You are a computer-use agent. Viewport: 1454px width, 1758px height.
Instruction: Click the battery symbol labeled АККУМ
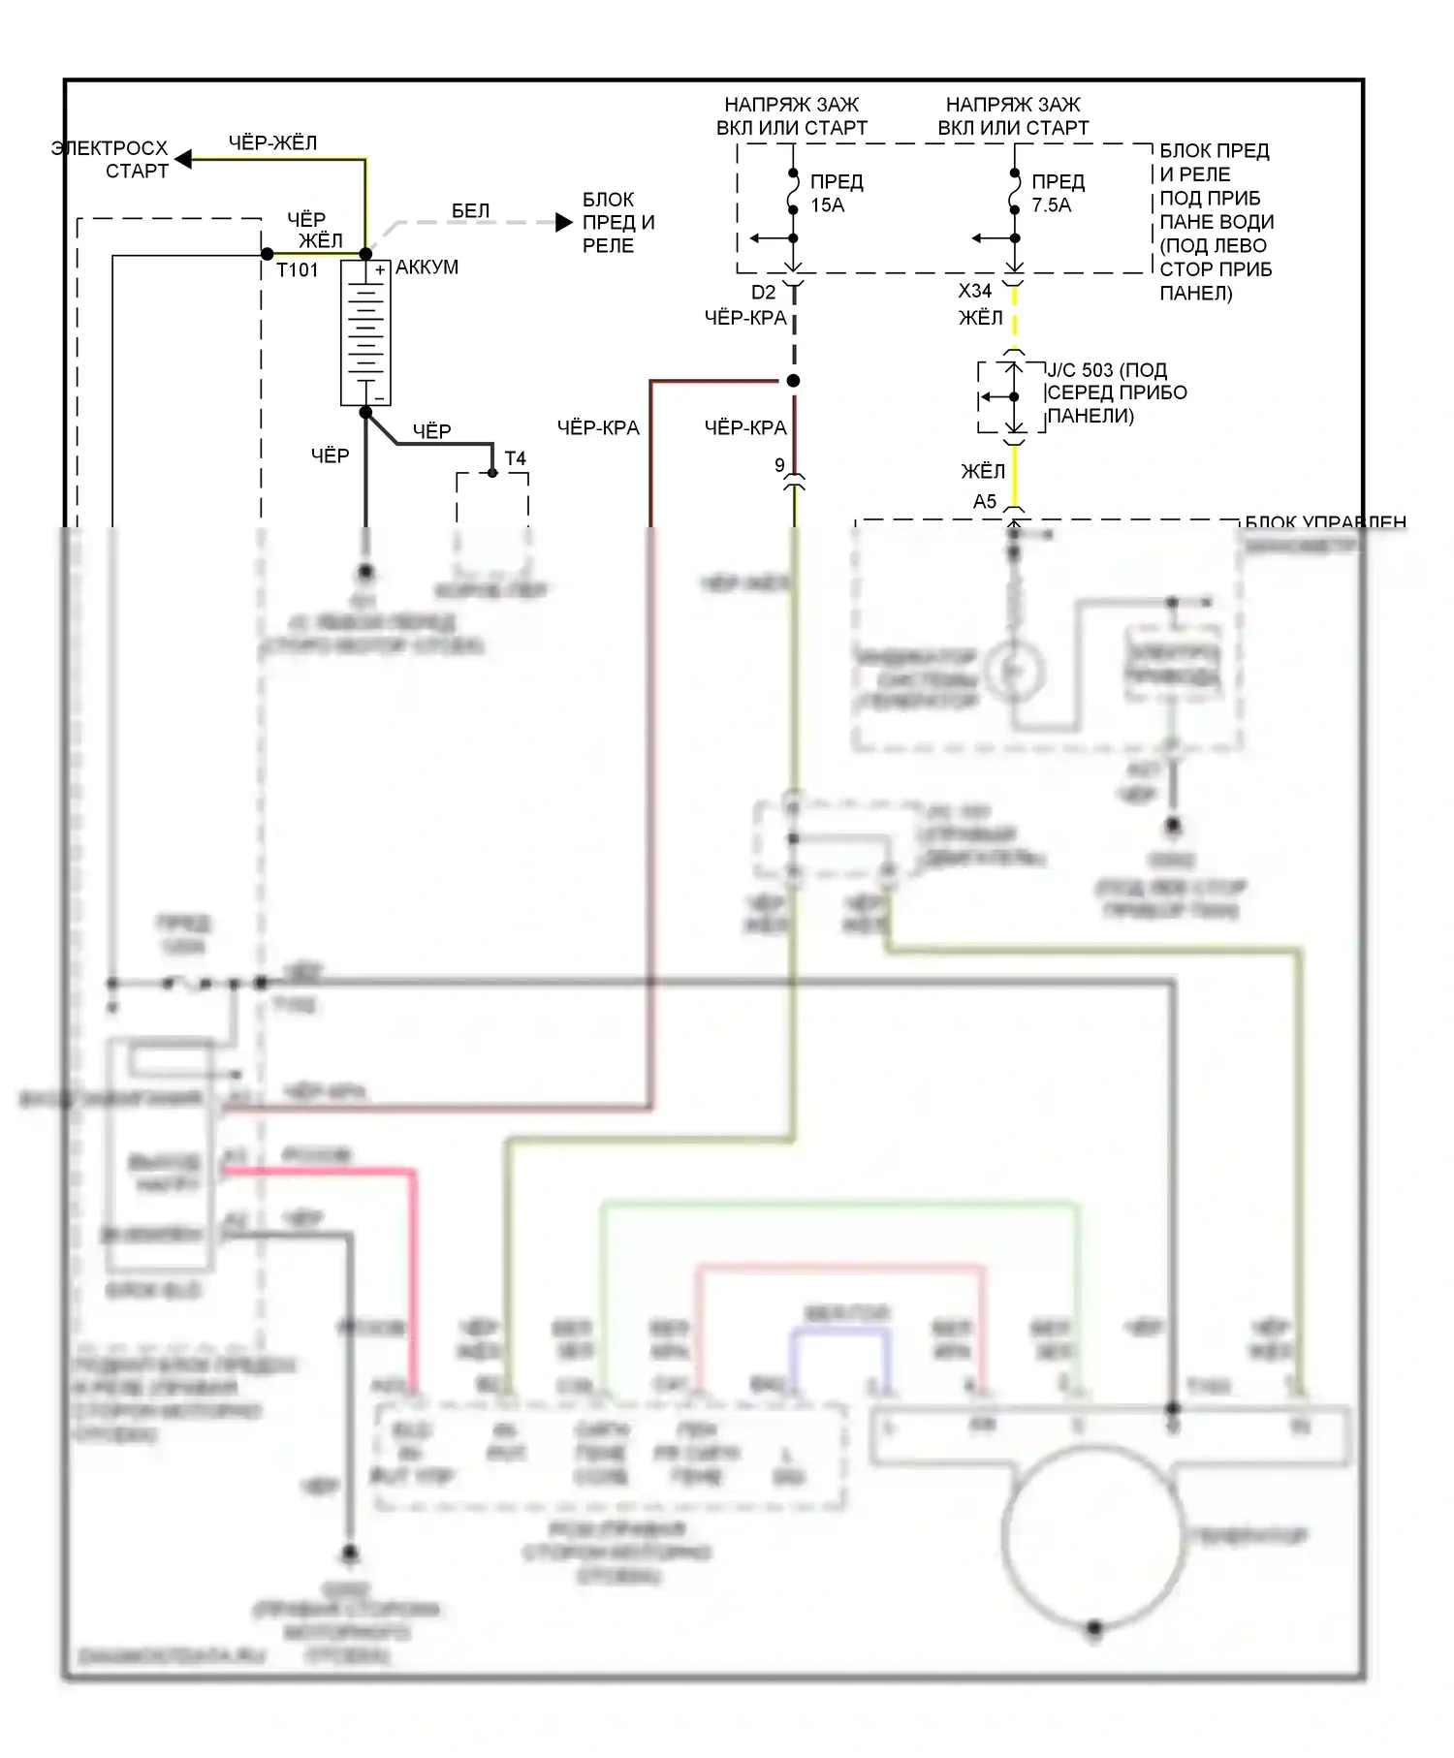click(x=365, y=332)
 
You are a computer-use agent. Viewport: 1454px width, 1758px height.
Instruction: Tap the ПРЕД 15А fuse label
click(x=836, y=193)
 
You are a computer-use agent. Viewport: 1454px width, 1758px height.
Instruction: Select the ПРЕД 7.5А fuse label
click(x=1057, y=193)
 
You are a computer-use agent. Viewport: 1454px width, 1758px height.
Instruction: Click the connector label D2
click(x=763, y=292)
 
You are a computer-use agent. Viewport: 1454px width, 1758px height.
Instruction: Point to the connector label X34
click(x=974, y=291)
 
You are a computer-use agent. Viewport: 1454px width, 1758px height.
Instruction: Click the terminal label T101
click(x=297, y=270)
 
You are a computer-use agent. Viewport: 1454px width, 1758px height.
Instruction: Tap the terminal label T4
click(x=515, y=458)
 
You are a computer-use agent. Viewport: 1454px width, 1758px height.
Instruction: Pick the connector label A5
click(x=984, y=501)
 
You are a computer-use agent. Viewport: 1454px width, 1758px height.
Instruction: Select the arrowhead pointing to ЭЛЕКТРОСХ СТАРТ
click(x=183, y=159)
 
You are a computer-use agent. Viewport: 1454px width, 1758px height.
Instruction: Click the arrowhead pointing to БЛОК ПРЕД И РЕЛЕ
click(x=564, y=223)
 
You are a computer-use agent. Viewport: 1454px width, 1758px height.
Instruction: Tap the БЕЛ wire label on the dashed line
click(x=470, y=210)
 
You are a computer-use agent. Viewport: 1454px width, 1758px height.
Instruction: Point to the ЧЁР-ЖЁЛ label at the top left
click(x=272, y=142)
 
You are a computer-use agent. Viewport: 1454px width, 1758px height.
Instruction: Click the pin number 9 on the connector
click(x=779, y=465)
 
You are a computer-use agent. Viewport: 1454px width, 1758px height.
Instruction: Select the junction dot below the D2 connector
click(x=793, y=381)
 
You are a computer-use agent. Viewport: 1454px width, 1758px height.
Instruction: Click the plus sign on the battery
click(x=380, y=270)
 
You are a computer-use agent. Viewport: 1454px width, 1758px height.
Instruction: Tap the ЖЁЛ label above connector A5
click(x=982, y=471)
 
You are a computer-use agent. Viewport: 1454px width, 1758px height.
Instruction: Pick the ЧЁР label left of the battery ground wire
click(x=330, y=455)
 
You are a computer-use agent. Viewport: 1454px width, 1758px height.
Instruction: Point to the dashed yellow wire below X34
click(x=1014, y=315)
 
